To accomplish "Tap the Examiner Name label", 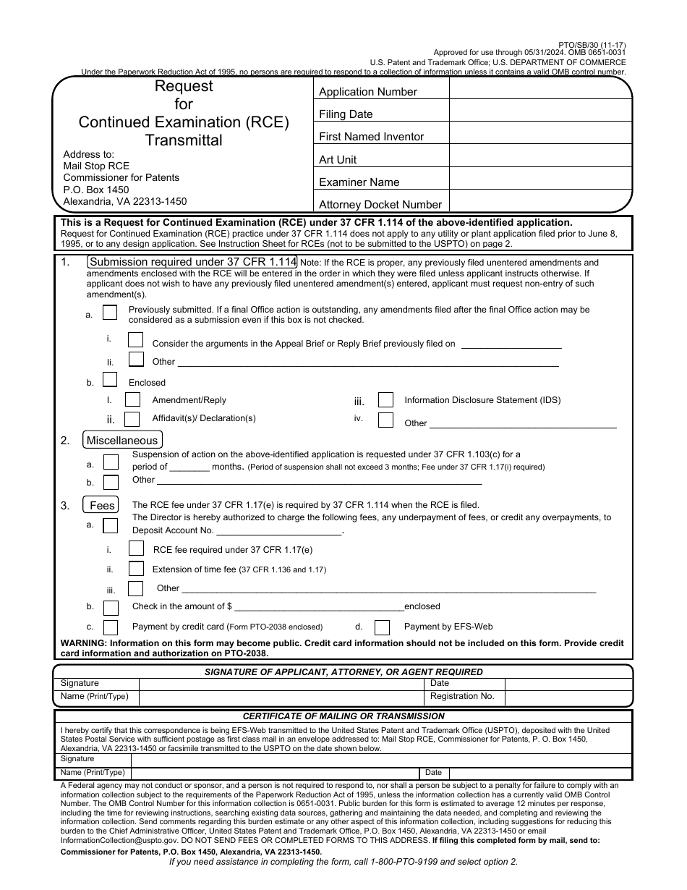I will pos(359,182).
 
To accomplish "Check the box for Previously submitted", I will pos(110,313).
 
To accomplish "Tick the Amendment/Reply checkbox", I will pos(132,399).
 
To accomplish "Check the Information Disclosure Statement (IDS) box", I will pos(385,400).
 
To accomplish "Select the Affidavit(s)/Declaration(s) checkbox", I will pos(132,419).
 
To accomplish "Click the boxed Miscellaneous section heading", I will pos(122,440).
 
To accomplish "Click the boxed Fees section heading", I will pos(102,505).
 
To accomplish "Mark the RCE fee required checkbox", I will pos(135,549).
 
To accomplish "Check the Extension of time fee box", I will pos(135,569).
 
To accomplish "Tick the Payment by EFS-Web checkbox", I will pos(382,627).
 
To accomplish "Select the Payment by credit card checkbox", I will pos(111,627).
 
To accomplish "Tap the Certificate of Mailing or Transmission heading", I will pos(343,716).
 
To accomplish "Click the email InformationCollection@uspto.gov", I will pos(119,840).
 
